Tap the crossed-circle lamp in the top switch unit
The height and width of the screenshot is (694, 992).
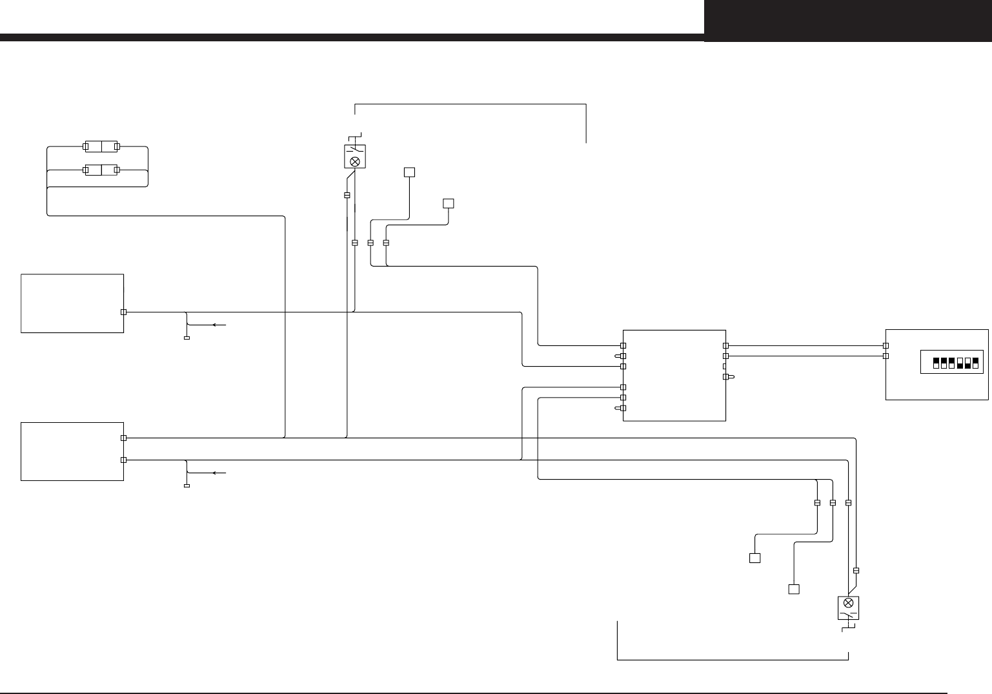(x=354, y=161)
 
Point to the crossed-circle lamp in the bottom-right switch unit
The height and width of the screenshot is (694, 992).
(x=849, y=603)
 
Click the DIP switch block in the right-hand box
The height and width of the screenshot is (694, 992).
(x=956, y=363)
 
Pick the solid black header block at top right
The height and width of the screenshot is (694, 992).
(x=847, y=21)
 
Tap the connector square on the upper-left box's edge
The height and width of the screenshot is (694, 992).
(x=124, y=312)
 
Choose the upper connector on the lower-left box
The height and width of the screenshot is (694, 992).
(x=124, y=438)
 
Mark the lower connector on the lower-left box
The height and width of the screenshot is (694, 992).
(x=124, y=460)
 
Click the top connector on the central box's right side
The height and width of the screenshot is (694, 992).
(x=725, y=345)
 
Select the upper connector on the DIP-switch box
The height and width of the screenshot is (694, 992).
(x=886, y=345)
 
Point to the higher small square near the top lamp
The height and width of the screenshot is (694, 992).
(x=409, y=172)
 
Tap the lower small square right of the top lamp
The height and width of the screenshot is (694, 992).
(x=449, y=203)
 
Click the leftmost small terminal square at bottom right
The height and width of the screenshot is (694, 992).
(x=754, y=558)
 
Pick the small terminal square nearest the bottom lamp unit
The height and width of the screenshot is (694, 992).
(x=794, y=589)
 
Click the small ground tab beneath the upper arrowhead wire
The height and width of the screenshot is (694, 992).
(x=187, y=338)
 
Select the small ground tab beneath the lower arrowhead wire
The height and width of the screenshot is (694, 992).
(x=187, y=486)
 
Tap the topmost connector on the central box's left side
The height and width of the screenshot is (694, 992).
(x=623, y=345)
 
